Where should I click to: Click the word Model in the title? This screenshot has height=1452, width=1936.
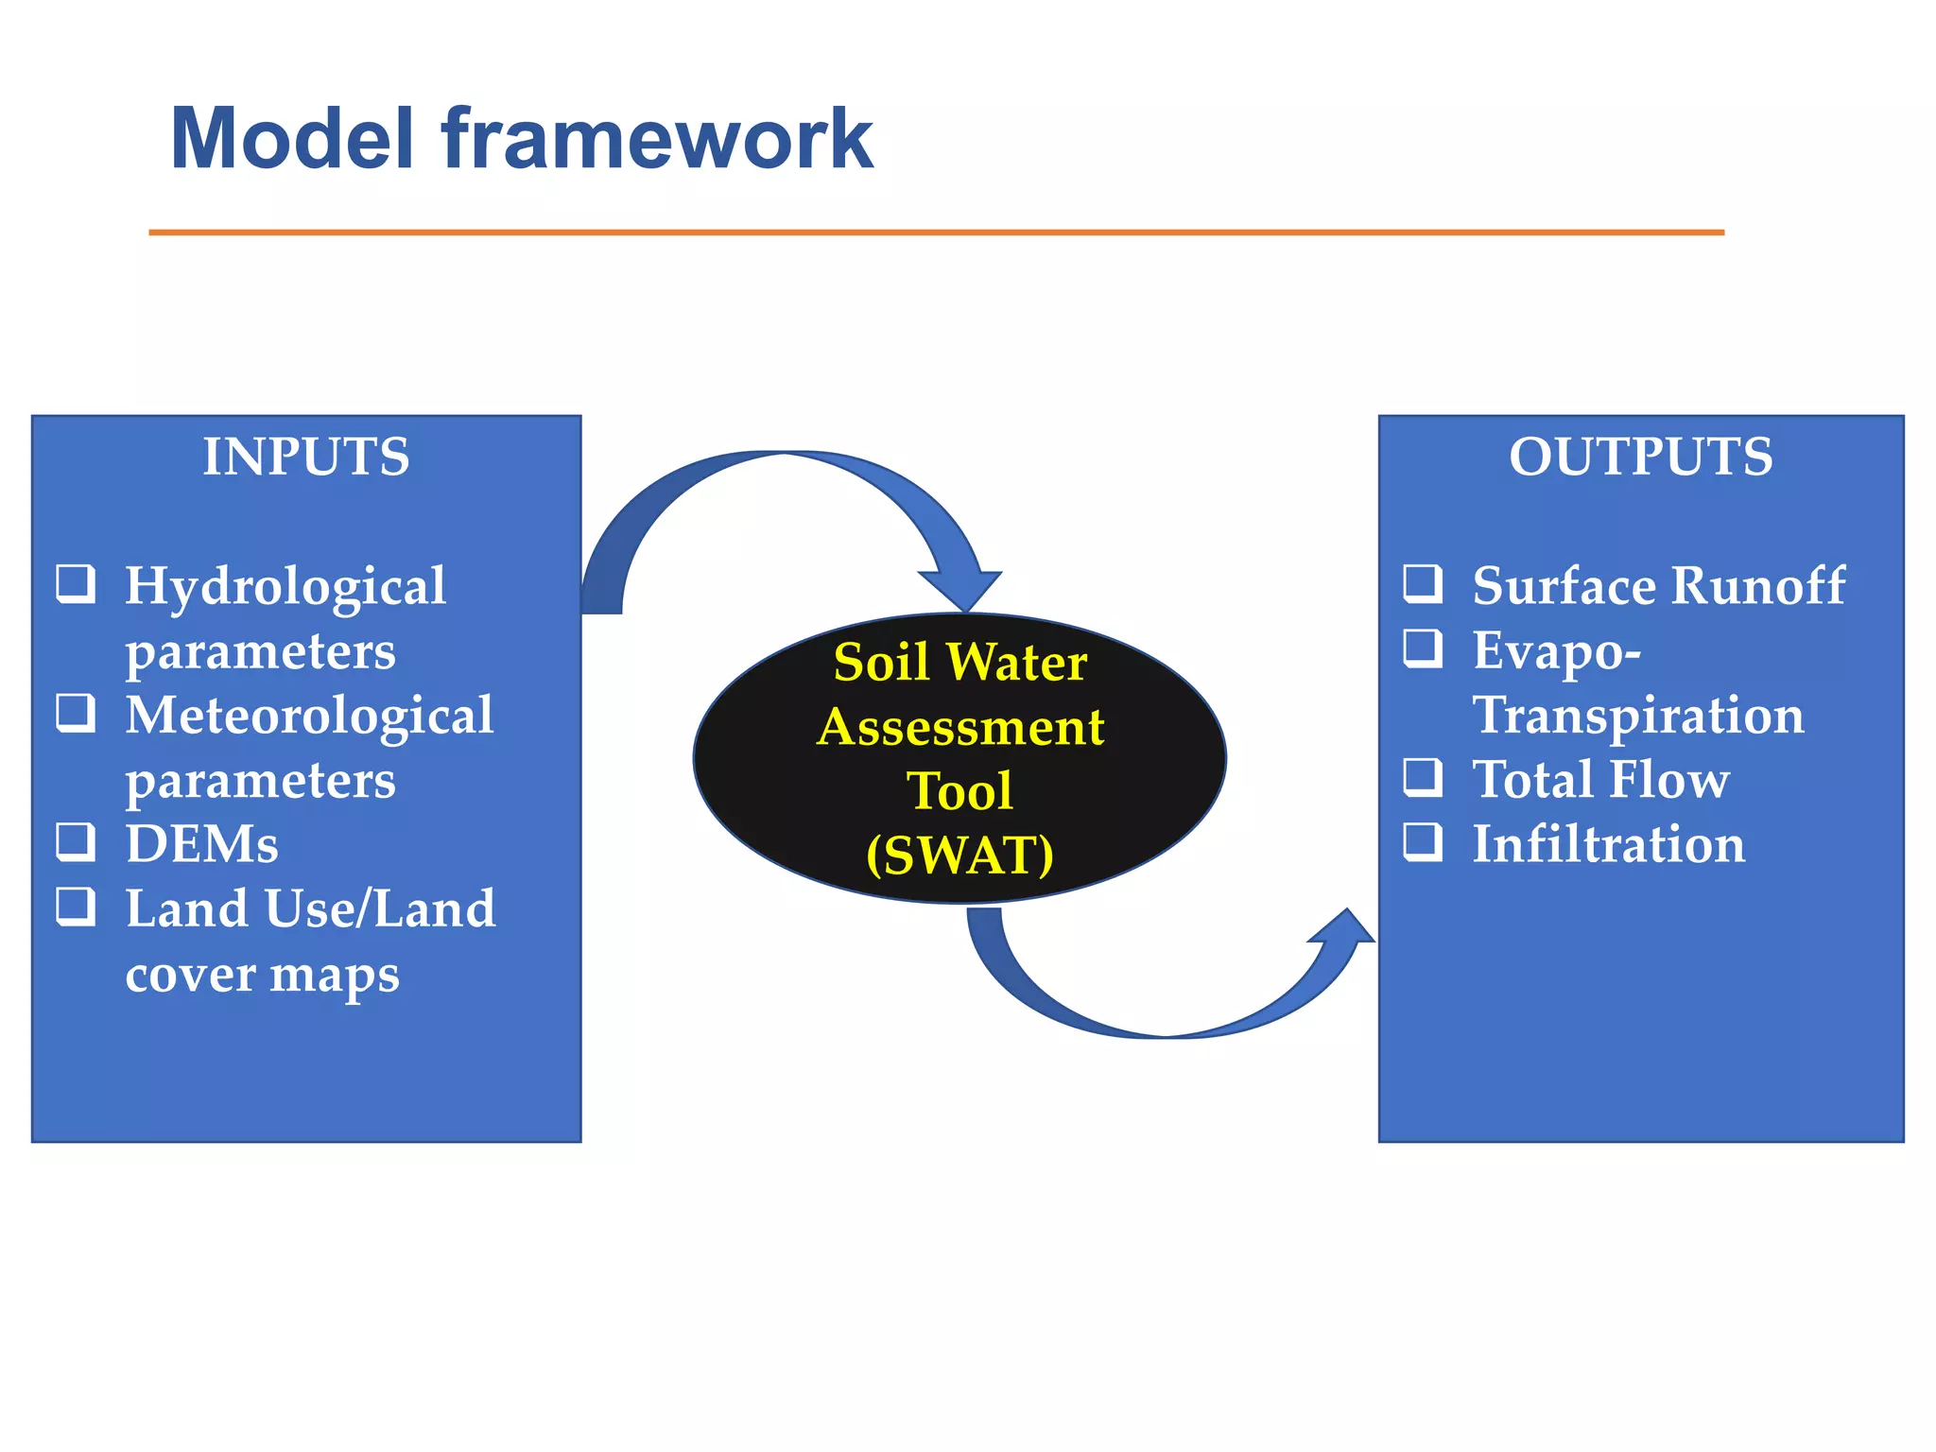(x=292, y=140)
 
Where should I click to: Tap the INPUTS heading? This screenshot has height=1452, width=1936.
(x=306, y=457)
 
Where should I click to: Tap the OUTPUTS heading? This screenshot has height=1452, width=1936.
(x=1640, y=457)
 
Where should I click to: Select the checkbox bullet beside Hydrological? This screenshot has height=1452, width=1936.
(x=76, y=583)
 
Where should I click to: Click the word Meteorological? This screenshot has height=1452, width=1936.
(x=309, y=715)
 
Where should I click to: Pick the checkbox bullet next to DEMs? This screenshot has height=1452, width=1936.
(x=76, y=840)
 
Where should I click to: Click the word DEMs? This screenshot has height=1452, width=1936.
(x=201, y=844)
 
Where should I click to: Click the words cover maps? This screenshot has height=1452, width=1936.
(x=262, y=975)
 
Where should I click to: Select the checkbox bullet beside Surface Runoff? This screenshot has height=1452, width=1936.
(x=1423, y=583)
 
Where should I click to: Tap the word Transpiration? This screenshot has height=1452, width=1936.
(x=1638, y=715)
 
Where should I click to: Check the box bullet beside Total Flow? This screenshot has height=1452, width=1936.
(x=1423, y=777)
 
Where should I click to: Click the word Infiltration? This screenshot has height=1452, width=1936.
(x=1609, y=844)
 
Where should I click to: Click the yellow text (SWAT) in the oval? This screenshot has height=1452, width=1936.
(x=959, y=855)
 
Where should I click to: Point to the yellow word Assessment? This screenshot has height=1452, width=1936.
(x=960, y=727)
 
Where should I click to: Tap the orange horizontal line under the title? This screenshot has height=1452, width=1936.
(x=936, y=232)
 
